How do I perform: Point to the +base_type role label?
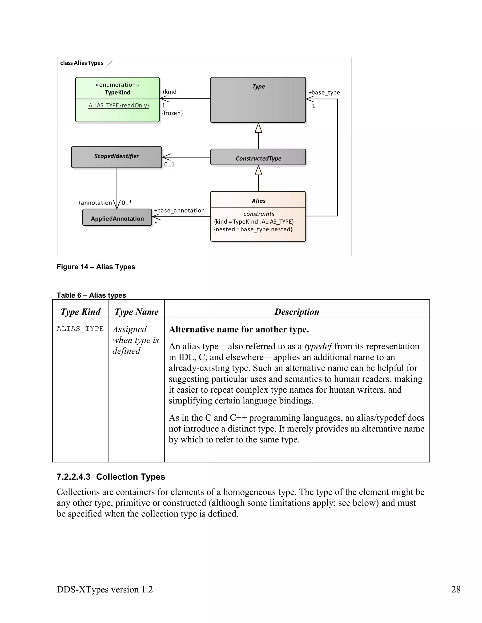coord(324,92)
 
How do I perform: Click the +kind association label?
coord(169,92)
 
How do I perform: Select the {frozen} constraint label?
coord(172,113)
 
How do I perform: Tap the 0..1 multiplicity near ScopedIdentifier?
coord(169,164)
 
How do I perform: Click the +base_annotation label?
coord(179,210)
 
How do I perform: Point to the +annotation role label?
coord(95,203)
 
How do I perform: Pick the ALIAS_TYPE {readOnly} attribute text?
coord(119,106)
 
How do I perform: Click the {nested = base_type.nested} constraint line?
coord(253,229)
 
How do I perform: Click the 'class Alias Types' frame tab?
coord(82,63)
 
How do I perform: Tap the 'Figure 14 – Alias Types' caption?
coord(96,267)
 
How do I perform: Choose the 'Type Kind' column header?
coord(80,311)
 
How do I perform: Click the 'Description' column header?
coord(297,311)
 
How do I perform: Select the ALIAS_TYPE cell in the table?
coord(80,329)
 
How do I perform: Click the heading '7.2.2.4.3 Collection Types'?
coord(111,477)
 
